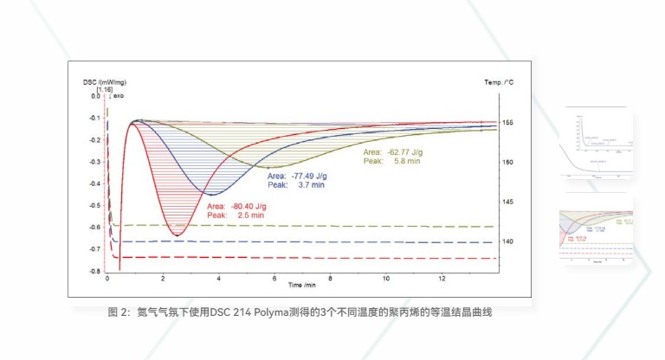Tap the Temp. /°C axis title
point(500,81)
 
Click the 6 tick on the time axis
point(274,279)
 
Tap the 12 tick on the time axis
point(442,279)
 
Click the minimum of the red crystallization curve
point(177,235)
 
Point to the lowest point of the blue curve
point(211,194)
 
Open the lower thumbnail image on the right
point(597,228)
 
